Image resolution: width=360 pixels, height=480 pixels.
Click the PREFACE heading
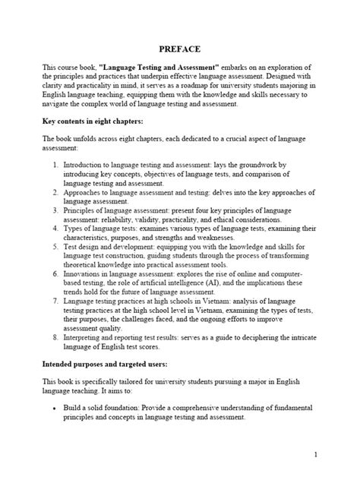(x=180, y=49)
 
